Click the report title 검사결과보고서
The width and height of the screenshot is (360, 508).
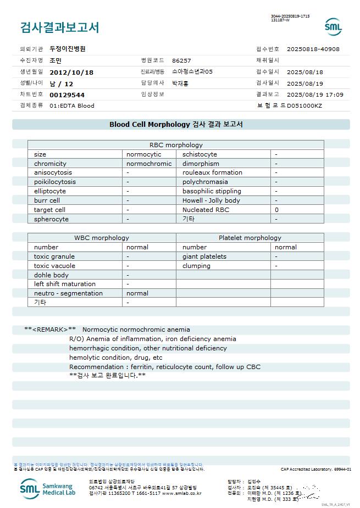pos(59,27)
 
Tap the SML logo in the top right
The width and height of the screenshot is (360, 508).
pos(333,27)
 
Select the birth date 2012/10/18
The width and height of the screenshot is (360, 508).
pos(71,72)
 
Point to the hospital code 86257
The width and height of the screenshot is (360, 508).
pos(181,60)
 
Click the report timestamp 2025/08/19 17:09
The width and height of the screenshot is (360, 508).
pos(315,94)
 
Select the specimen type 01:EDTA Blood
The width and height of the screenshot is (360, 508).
pos(72,105)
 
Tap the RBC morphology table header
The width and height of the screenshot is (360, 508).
pos(176,145)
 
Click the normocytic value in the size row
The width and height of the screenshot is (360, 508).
pos(144,154)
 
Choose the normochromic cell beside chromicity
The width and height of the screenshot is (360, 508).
pos(149,164)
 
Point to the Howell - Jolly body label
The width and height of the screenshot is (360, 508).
pos(211,200)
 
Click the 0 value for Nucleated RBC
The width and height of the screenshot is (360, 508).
pos(277,210)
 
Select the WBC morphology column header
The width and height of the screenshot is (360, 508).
pos(102,238)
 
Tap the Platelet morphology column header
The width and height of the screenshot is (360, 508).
pos(250,238)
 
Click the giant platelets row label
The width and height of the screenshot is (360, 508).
pos(204,256)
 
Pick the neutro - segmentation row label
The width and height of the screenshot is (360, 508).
pos(68,293)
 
